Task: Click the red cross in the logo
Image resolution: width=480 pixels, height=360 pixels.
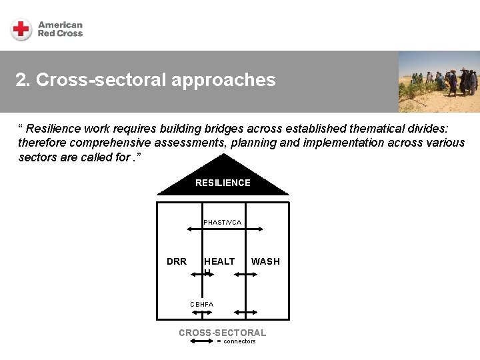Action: click(x=21, y=29)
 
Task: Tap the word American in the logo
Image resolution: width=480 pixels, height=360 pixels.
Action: click(x=60, y=25)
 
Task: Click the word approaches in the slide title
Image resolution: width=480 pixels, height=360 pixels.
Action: click(x=223, y=81)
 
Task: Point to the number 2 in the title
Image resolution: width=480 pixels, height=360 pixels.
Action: click(x=21, y=81)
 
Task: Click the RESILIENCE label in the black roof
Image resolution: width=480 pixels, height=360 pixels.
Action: click(x=223, y=183)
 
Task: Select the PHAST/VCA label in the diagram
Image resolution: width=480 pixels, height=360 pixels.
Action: click(x=222, y=222)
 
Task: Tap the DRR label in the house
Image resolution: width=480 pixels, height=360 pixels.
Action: click(x=177, y=261)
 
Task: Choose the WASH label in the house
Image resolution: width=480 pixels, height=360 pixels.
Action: click(x=265, y=261)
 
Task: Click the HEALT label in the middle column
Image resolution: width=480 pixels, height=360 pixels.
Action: click(x=219, y=261)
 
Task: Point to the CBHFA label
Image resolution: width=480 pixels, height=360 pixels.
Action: click(x=201, y=304)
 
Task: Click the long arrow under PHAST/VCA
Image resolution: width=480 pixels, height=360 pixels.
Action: click(x=222, y=230)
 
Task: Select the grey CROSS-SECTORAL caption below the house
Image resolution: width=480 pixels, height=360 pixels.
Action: click(x=222, y=333)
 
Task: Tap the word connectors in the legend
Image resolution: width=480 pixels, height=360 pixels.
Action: click(x=239, y=341)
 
